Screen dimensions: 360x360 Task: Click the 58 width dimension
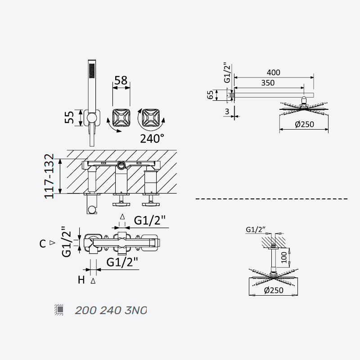coord(121,81)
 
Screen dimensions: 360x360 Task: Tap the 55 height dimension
coord(69,117)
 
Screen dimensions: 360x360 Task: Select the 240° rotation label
coord(152,139)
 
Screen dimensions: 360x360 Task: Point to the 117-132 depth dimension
coord(49,176)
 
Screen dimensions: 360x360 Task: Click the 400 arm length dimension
coord(274,72)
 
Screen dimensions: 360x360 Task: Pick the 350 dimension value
coord(268,83)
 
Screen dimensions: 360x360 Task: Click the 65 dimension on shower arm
coord(210,94)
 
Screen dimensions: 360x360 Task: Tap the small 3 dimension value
coord(227,112)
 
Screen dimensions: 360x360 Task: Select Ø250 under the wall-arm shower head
coord(304,124)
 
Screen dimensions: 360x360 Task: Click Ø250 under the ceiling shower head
coord(274,290)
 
